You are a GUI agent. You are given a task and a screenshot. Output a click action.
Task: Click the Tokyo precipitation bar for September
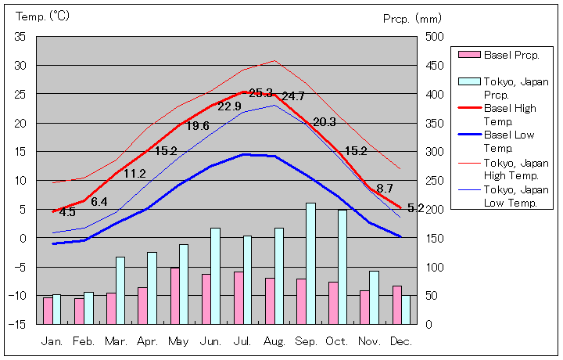click(x=310, y=263)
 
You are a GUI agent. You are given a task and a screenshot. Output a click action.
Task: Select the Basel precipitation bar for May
click(x=174, y=295)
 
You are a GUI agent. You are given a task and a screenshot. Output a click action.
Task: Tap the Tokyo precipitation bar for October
click(x=342, y=266)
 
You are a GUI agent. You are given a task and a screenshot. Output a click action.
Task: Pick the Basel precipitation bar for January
click(x=48, y=310)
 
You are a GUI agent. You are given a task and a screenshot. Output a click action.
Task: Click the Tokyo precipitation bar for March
click(x=120, y=290)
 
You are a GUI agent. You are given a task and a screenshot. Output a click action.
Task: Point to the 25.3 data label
click(x=260, y=93)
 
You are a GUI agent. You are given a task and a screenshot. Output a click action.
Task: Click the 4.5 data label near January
click(x=67, y=211)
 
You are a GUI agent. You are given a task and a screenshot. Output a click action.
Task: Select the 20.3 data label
click(x=324, y=121)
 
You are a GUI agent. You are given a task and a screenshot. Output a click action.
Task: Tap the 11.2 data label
click(x=134, y=174)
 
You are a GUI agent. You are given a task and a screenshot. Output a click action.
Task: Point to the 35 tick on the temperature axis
click(x=20, y=37)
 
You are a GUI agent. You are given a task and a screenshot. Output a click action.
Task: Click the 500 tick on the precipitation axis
click(x=436, y=37)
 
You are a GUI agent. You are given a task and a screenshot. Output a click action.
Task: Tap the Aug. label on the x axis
click(x=274, y=341)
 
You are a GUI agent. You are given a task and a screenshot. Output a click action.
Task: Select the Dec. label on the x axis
click(x=400, y=341)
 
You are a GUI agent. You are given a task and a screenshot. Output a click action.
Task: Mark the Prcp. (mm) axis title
click(x=413, y=18)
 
